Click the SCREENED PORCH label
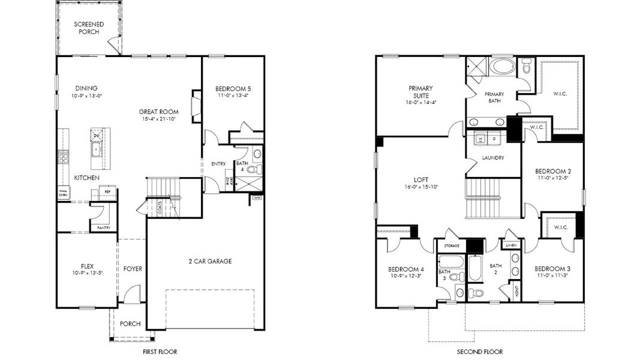tap(89, 28)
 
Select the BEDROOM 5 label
tap(233, 89)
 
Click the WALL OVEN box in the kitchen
tap(63, 193)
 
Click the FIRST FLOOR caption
tap(160, 352)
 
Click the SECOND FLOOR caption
tap(479, 352)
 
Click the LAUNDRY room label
tap(492, 158)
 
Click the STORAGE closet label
tap(452, 246)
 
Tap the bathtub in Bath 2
tap(475, 269)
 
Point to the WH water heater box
tap(257, 197)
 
